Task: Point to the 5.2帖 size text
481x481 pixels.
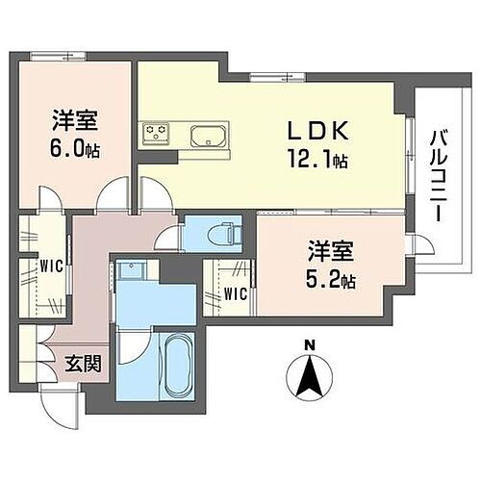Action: tap(333, 281)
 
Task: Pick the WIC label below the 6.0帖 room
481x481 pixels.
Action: tap(50, 267)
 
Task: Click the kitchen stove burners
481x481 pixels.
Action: tap(157, 133)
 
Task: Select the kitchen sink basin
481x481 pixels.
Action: tap(207, 136)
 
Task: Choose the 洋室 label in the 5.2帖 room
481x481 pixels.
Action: tap(329, 253)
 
